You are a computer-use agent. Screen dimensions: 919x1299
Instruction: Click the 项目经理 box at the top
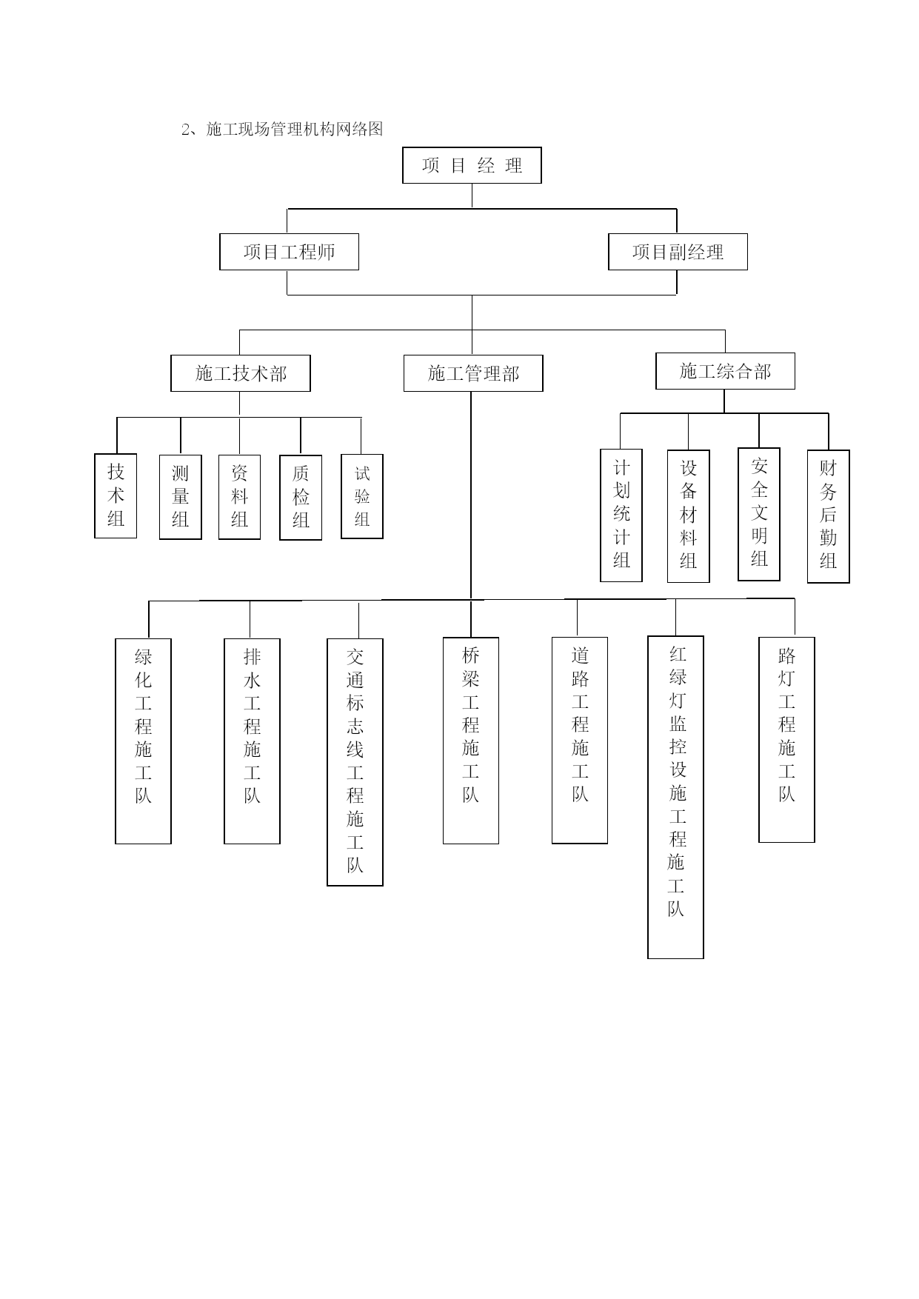472,165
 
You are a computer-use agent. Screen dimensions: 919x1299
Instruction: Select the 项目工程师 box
289,252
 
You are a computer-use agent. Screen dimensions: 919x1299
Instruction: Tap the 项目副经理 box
678,252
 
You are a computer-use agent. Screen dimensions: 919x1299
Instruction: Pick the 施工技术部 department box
241,373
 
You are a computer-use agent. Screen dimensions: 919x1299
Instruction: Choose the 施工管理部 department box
473,373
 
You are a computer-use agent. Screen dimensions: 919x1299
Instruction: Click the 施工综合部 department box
725,371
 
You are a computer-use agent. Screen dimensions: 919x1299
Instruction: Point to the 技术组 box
116,495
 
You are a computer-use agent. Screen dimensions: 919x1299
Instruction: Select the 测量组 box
181,497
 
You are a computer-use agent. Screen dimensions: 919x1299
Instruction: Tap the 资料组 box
239,497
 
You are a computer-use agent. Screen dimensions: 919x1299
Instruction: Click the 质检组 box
301,498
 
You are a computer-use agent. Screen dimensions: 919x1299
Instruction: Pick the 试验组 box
362,496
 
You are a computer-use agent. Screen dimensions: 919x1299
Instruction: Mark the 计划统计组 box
621,515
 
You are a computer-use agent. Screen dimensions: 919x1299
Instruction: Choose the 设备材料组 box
689,516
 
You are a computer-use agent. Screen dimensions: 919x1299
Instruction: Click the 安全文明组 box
759,514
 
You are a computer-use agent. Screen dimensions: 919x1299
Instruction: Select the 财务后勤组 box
828,516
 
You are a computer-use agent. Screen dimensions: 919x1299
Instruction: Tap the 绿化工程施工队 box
143,741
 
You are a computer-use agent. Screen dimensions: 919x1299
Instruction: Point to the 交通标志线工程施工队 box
355,762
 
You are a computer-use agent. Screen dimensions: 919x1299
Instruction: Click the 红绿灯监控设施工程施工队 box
675,798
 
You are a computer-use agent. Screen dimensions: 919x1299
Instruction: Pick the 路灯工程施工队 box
786,740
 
